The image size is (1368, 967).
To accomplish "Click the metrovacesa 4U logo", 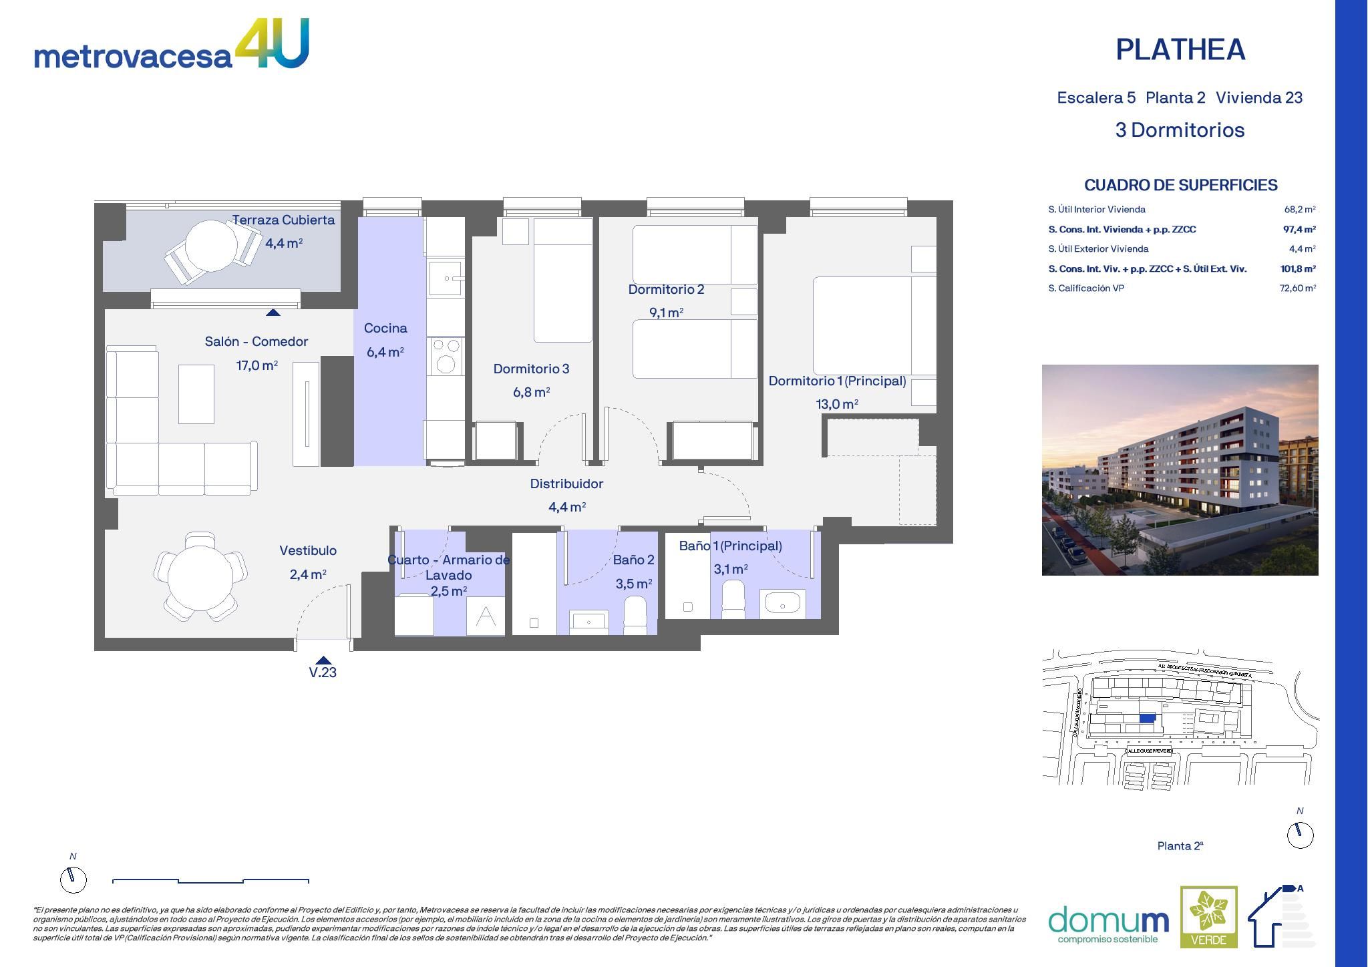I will (x=171, y=45).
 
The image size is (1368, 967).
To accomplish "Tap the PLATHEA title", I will (x=1180, y=50).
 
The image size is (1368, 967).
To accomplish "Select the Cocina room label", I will (x=385, y=328).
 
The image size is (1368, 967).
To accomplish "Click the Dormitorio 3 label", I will (x=531, y=369).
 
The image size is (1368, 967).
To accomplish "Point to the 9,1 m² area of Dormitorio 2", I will (x=666, y=313).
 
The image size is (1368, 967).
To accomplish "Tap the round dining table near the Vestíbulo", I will (x=200, y=576).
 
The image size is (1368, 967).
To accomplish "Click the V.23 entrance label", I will (x=323, y=672).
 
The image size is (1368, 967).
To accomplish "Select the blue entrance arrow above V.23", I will (x=323, y=660).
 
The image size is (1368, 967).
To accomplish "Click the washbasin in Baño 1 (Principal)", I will (x=782, y=604).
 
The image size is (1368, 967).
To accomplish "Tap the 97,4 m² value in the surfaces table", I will (x=1299, y=229).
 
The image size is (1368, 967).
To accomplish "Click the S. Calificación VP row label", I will (x=1086, y=288).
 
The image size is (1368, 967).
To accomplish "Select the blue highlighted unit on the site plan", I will (x=1147, y=718).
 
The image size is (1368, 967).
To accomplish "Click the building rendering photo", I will (x=1180, y=469).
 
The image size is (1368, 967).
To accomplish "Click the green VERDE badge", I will (x=1208, y=917).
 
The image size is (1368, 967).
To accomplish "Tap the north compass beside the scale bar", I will (x=73, y=880).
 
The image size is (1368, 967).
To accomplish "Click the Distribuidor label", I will (x=566, y=483).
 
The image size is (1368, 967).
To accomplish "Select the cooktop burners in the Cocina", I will (x=446, y=355).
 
